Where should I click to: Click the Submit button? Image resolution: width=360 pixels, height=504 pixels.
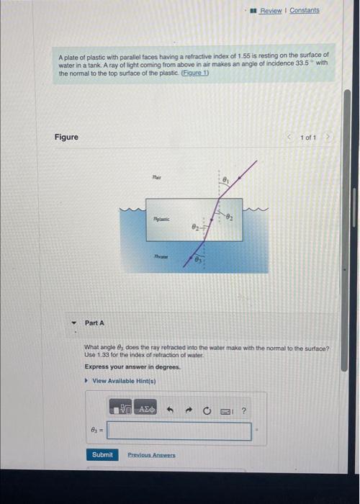(102, 454)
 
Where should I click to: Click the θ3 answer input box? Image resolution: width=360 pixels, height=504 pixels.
(179, 431)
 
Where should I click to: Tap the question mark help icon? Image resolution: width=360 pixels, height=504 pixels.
(244, 410)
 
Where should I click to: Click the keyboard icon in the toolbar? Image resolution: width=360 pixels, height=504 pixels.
(226, 410)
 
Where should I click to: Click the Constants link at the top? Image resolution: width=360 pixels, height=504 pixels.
(305, 11)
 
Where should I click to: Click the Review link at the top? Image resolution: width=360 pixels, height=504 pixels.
(270, 11)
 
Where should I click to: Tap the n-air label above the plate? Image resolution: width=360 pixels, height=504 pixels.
(158, 175)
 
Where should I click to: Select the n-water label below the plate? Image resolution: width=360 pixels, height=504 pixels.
(161, 254)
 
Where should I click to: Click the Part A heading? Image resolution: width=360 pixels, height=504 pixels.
(94, 323)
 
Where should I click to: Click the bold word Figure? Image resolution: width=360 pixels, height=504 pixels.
(66, 137)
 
